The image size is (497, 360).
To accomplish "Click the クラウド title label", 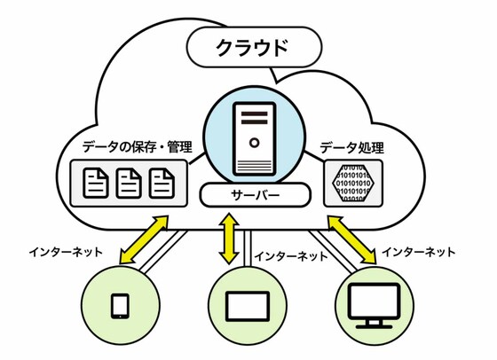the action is click(x=252, y=48).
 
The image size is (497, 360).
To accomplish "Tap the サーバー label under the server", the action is click(x=256, y=195).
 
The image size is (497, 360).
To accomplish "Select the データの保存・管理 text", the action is click(x=138, y=147).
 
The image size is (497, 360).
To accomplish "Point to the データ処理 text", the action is click(x=351, y=147).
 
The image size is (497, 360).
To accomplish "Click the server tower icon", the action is click(x=254, y=139).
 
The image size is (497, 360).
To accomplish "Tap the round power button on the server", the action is click(x=254, y=143).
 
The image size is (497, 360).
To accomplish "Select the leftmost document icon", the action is click(x=96, y=183).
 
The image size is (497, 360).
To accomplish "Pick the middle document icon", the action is click(x=129, y=183).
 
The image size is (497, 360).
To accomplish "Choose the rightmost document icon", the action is click(x=162, y=183).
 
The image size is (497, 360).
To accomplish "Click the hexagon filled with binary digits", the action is click(x=353, y=183).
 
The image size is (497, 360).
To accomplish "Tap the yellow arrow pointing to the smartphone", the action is click(x=144, y=239).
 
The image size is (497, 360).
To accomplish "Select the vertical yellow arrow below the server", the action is click(x=229, y=239).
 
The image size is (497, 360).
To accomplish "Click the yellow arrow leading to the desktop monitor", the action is click(x=352, y=239).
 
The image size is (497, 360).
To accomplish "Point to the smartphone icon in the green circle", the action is click(x=121, y=306).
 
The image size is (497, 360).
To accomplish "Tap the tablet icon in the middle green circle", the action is click(x=248, y=307).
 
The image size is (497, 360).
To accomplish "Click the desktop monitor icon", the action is click(x=375, y=306).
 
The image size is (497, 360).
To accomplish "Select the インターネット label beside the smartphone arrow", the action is click(x=66, y=253).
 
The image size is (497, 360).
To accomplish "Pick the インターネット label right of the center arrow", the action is click(x=291, y=255).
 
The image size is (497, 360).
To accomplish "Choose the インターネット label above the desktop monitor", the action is click(x=418, y=253).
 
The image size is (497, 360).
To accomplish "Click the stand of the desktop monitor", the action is click(x=375, y=325).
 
